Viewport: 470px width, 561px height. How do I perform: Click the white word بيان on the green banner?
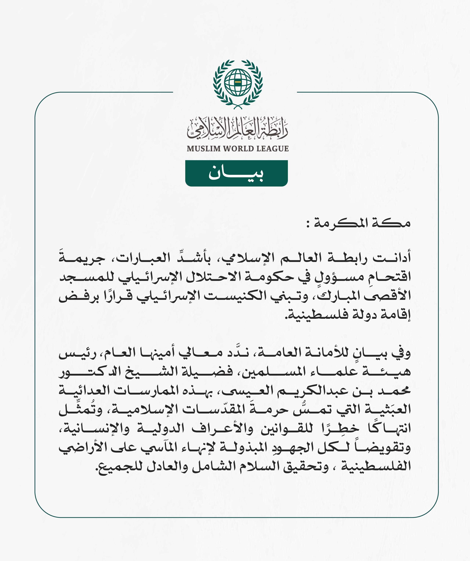click(x=236, y=173)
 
